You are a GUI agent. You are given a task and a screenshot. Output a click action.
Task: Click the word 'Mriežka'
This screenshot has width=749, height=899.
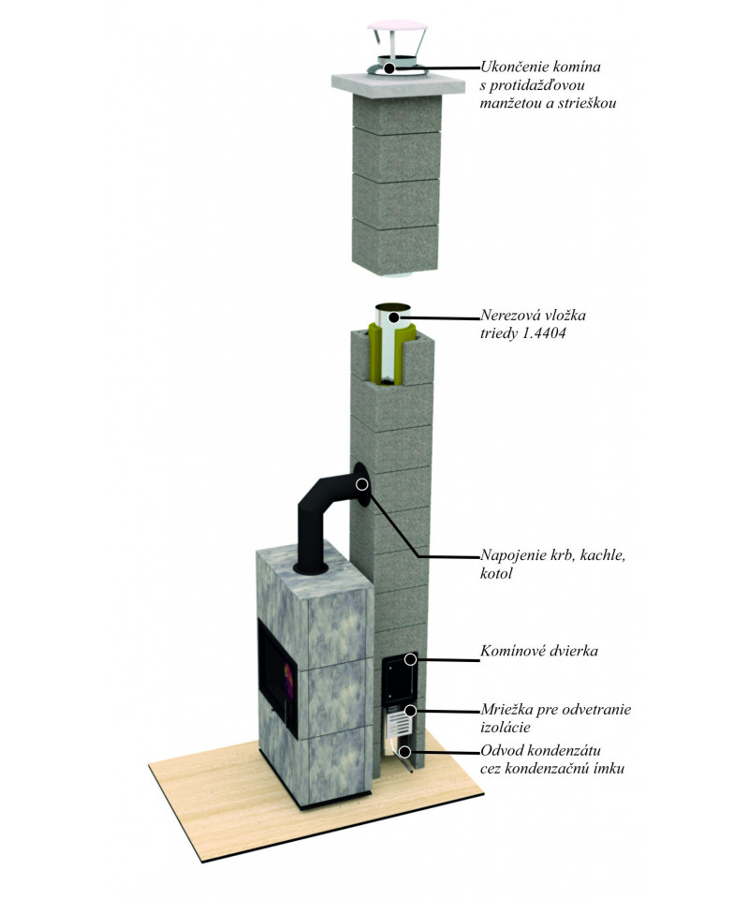(x=507, y=710)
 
